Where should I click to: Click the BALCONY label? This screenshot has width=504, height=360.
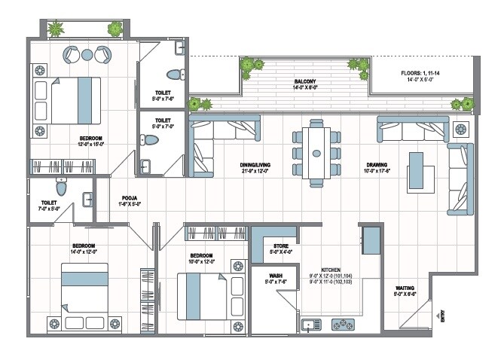tap(305, 81)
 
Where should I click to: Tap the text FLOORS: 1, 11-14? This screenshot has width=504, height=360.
tap(420, 74)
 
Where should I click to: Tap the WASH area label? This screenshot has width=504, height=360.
tap(276, 276)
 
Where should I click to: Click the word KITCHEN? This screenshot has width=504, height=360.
tap(331, 269)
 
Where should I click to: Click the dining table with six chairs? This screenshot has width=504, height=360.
tap(316, 152)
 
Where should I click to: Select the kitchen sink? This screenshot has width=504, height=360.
tap(310, 325)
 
